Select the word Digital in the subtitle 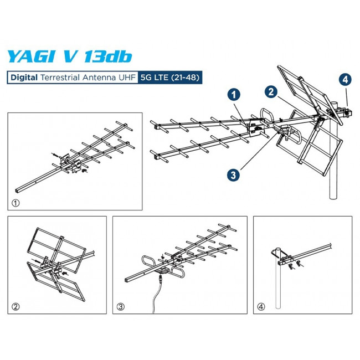click(x=23, y=78)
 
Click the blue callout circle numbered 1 click(x=234, y=95)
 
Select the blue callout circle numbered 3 click(x=234, y=174)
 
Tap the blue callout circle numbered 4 click(x=345, y=80)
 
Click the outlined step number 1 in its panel click(x=16, y=203)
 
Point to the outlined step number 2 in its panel click(x=16, y=306)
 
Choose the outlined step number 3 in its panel click(x=121, y=306)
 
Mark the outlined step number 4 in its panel click(x=260, y=306)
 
